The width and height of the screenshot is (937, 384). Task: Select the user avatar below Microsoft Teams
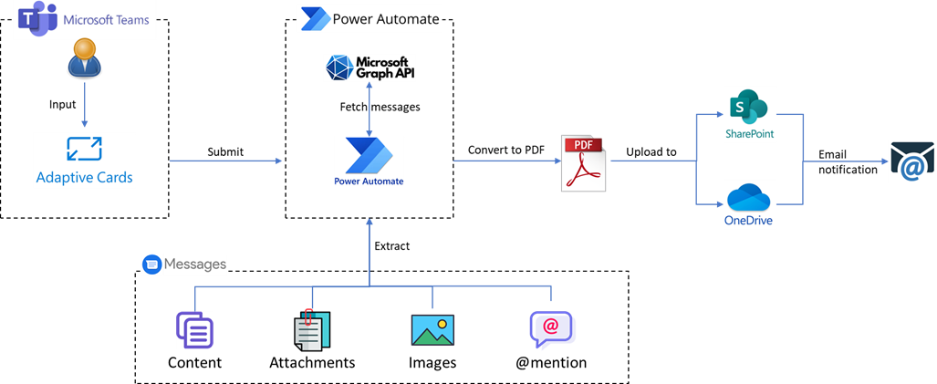click(85, 57)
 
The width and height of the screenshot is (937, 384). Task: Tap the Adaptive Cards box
click(84, 161)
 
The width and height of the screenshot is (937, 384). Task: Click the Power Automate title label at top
click(369, 17)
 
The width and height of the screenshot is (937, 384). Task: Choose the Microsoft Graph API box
click(370, 67)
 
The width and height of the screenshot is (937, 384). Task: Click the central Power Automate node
click(369, 161)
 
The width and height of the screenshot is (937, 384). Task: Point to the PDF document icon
click(583, 162)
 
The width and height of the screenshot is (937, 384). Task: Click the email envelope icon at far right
click(911, 161)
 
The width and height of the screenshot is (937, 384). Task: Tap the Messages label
click(184, 265)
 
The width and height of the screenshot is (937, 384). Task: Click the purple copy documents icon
click(194, 330)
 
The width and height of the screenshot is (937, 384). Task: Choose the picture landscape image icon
click(432, 329)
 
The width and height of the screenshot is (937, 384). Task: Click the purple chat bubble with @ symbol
click(552, 330)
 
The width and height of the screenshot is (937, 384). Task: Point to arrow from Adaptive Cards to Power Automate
click(225, 161)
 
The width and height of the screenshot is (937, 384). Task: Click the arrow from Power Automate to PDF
click(506, 161)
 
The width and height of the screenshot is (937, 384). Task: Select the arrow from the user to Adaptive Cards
click(85, 104)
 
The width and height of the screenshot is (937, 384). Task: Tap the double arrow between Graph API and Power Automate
click(369, 108)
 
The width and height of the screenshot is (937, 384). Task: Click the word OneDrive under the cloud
click(749, 220)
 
